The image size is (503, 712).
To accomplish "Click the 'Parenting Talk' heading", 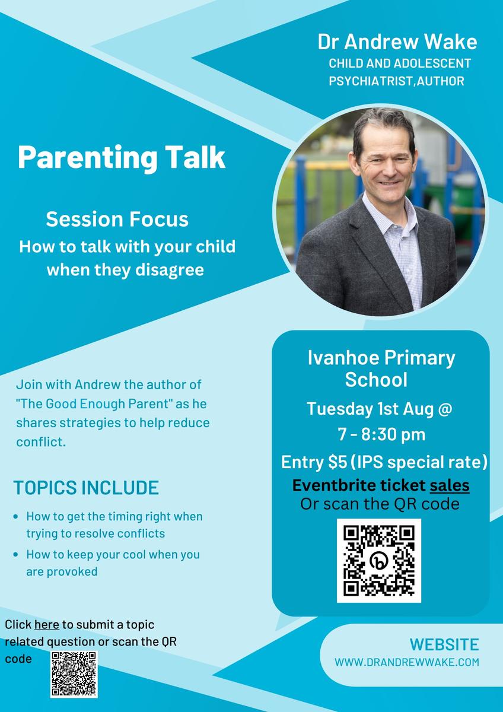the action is pyautogui.click(x=122, y=158).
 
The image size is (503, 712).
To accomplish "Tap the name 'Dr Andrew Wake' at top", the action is pyautogui.click(x=397, y=42).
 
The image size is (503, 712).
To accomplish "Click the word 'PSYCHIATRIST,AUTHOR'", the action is pyautogui.click(x=396, y=81).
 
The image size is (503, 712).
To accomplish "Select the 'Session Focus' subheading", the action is pyautogui.click(x=117, y=219).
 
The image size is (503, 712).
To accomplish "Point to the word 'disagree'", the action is pyautogui.click(x=170, y=270).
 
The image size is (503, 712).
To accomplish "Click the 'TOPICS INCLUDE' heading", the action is pyautogui.click(x=86, y=488).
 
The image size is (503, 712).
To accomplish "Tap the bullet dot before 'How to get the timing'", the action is pyautogui.click(x=16, y=517).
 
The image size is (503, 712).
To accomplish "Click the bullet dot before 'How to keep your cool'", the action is pyautogui.click(x=16, y=555).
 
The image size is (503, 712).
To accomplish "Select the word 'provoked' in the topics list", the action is pyautogui.click(x=72, y=572).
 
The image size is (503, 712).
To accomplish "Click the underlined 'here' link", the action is pyautogui.click(x=47, y=625).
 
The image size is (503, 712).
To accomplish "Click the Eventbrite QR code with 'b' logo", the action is pyautogui.click(x=379, y=561).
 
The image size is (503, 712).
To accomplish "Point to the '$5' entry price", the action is pyautogui.click(x=338, y=462).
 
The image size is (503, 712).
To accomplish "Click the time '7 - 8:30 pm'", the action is pyautogui.click(x=381, y=434).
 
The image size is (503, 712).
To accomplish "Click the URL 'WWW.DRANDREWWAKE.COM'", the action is pyautogui.click(x=407, y=662).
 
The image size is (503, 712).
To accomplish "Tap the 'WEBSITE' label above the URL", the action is pyautogui.click(x=444, y=644).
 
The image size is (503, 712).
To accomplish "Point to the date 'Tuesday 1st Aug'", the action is pyautogui.click(x=370, y=409).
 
